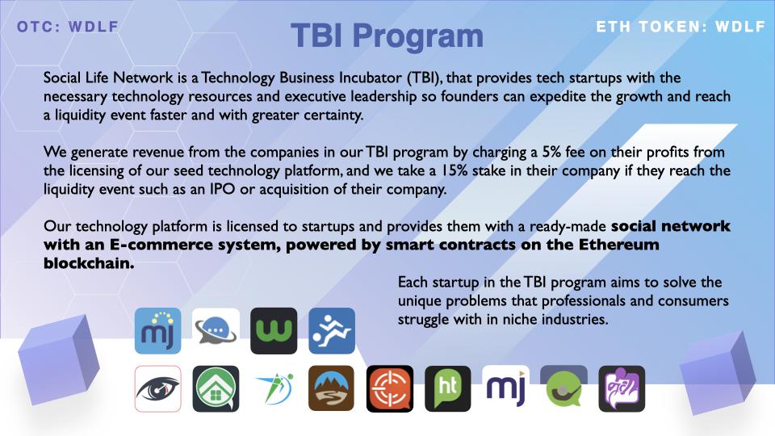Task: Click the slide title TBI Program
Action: pyautogui.click(x=387, y=36)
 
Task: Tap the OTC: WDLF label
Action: pyautogui.click(x=68, y=27)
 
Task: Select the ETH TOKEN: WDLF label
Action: pyautogui.click(x=681, y=27)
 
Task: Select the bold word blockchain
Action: pyautogui.click(x=89, y=263)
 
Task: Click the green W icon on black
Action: pyautogui.click(x=274, y=331)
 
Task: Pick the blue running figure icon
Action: pyautogui.click(x=332, y=331)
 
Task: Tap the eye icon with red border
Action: pyautogui.click(x=158, y=388)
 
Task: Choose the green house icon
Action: pyautogui.click(x=216, y=388)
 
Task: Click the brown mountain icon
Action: pyautogui.click(x=332, y=388)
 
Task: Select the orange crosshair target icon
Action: pyautogui.click(x=390, y=388)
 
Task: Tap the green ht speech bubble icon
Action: pyautogui.click(x=448, y=388)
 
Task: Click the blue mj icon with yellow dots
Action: pyautogui.click(x=158, y=331)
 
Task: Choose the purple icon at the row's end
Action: pyautogui.click(x=622, y=388)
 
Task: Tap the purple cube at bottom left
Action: pyautogui.click(x=59, y=360)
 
